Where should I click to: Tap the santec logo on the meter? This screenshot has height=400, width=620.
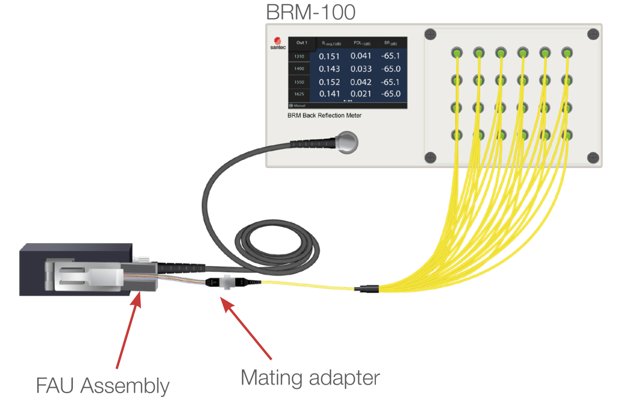278,43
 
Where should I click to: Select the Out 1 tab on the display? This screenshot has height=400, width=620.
301,43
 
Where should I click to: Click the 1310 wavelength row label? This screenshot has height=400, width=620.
299,56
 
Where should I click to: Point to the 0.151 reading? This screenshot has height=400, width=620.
329,56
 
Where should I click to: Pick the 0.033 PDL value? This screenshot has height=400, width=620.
361,69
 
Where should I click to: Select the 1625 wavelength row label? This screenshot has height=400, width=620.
299,94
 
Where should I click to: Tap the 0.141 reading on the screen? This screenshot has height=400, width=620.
329,94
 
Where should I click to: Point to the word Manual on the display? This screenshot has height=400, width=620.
299,106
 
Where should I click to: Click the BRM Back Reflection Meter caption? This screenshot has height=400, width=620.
325,115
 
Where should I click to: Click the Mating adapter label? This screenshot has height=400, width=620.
311,378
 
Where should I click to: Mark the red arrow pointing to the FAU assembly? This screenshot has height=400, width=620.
128,329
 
